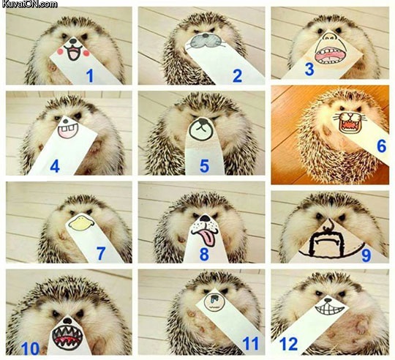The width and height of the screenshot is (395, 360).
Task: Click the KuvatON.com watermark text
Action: click(29, 4)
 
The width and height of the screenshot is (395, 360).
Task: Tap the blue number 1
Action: click(90, 76)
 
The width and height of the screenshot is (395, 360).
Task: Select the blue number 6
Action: click(381, 146)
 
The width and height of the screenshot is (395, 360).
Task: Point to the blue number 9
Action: click(366, 255)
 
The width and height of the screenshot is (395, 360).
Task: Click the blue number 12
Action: click(289, 344)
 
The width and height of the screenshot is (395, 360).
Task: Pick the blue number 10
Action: click(31, 349)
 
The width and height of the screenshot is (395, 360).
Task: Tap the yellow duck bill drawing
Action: click(81, 222)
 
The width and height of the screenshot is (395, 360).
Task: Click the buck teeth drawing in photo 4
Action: click(68, 130)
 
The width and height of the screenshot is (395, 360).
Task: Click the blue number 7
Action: click(101, 254)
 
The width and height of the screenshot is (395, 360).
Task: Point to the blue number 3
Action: click(309, 70)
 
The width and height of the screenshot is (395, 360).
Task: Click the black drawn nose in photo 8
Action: click(206, 218)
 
